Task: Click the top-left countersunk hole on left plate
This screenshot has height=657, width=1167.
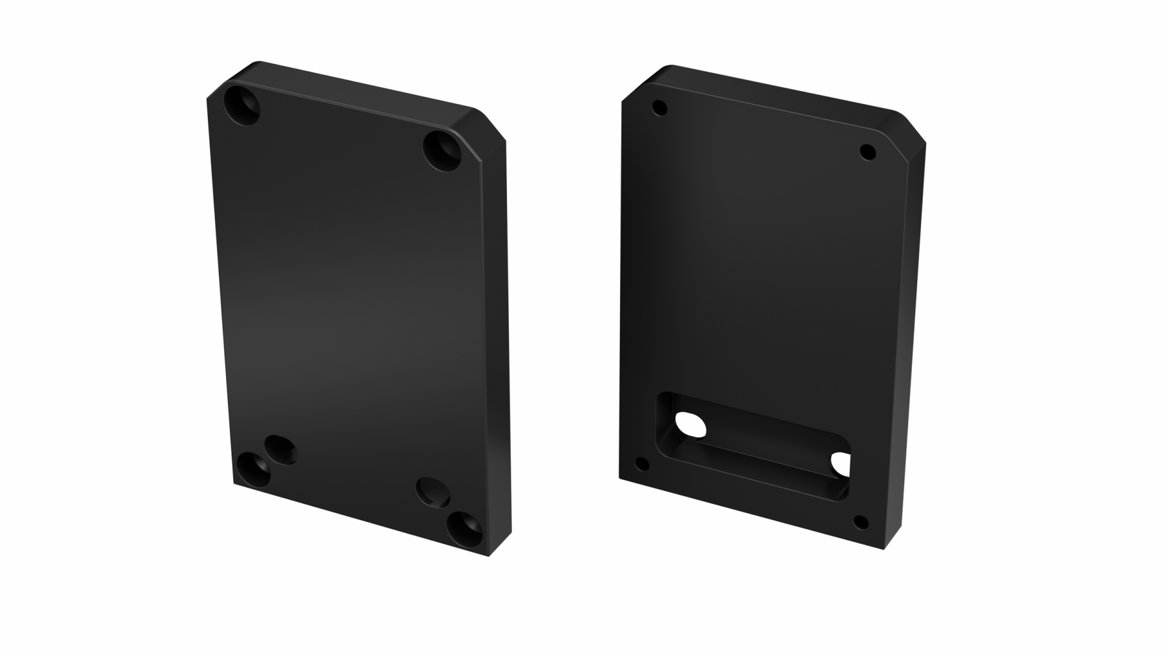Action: point(242,106)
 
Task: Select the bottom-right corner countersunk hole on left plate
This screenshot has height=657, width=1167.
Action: point(465,528)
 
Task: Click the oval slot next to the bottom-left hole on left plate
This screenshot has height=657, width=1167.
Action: point(281,450)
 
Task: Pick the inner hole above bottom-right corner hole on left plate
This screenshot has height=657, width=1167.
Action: point(433,492)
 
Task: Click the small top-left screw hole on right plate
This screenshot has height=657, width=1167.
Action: point(659,109)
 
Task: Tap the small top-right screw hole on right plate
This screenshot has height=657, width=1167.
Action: point(868,151)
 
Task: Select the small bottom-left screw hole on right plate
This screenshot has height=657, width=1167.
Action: point(642,465)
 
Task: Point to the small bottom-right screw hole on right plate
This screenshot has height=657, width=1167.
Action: point(860,521)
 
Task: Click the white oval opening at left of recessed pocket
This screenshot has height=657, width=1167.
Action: point(691,423)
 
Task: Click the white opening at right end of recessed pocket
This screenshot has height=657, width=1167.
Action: point(841,464)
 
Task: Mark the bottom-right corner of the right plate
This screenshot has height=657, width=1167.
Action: point(884,548)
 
